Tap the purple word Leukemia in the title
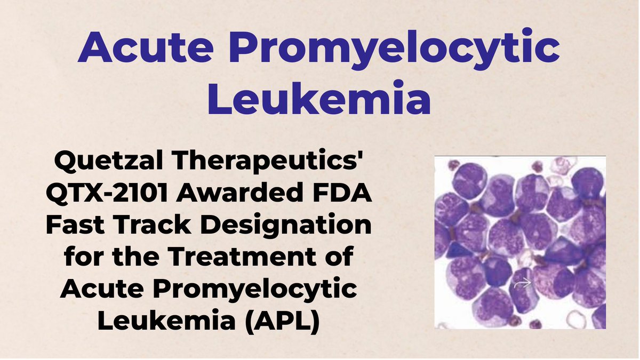point(318,100)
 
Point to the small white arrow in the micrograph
point(522,284)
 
